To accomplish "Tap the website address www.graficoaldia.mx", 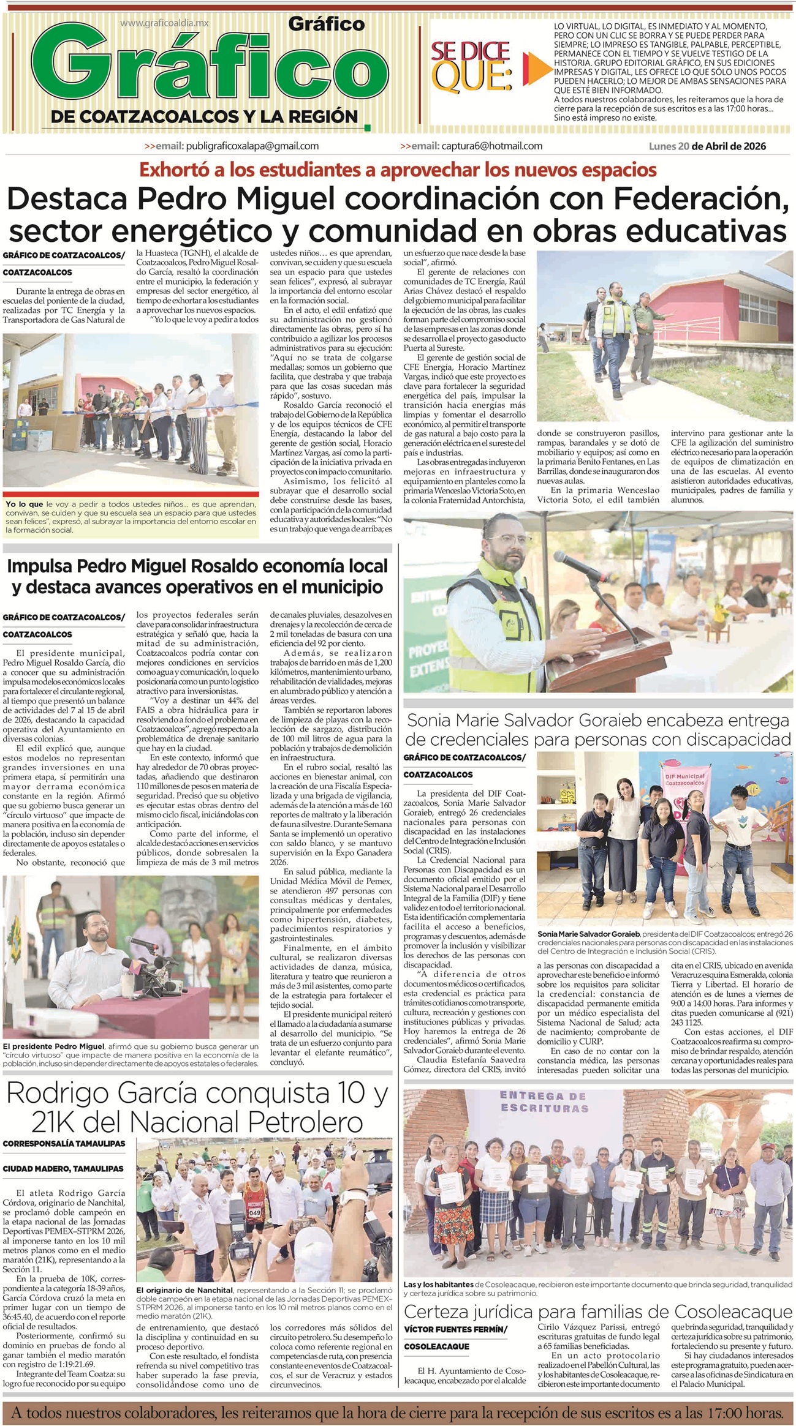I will pos(164,23).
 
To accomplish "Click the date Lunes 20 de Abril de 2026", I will pos(707,146).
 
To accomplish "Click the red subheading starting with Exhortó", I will pos(398,170).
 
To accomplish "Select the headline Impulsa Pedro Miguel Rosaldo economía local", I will pos(197,566).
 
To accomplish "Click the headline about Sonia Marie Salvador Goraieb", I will pos(598,729).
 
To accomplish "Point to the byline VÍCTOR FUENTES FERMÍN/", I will pos(455,1329).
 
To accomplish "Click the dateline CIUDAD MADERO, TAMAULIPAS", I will pos(63,1168).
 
